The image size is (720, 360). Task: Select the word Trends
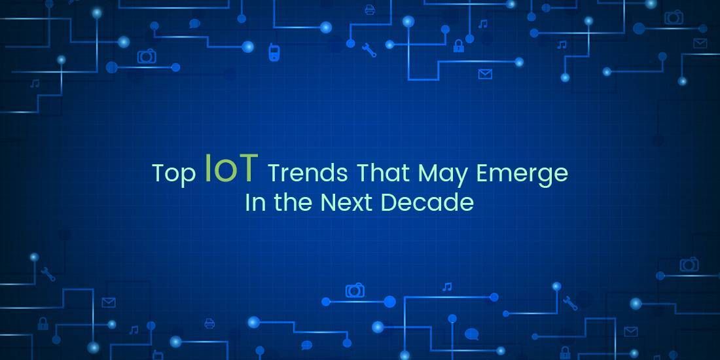(308, 173)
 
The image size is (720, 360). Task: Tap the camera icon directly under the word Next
(355, 290)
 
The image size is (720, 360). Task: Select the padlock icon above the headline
(459, 45)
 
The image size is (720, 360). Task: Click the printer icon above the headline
(369, 9)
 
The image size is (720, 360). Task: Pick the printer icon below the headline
(209, 323)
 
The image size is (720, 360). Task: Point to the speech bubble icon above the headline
(194, 24)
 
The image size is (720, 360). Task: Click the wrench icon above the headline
(370, 50)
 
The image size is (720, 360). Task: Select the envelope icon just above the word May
(484, 74)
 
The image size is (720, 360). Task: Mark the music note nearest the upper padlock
(483, 24)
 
